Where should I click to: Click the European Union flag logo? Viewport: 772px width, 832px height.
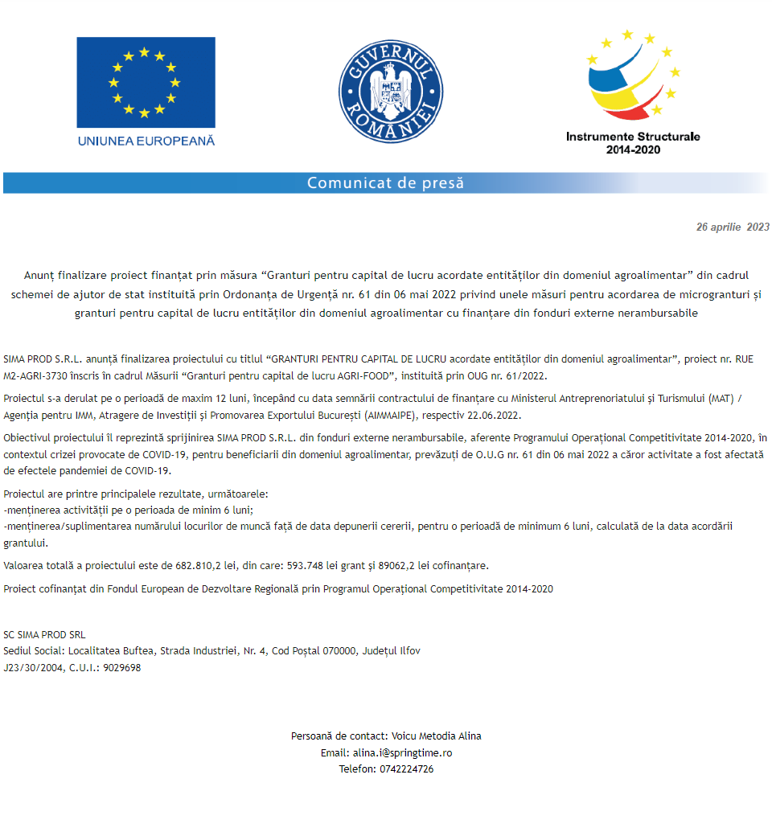pyautogui.click(x=146, y=81)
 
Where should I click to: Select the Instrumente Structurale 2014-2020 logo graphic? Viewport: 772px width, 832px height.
pyautogui.click(x=633, y=76)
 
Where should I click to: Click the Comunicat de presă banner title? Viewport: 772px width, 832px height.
pyautogui.click(x=385, y=183)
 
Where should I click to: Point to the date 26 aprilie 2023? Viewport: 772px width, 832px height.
pyautogui.click(x=733, y=227)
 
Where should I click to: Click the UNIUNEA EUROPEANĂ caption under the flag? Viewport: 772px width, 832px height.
pyautogui.click(x=146, y=141)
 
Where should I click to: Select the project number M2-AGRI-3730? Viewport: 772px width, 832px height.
pyautogui.click(x=38, y=375)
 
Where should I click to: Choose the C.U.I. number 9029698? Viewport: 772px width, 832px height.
pyautogui.click(x=121, y=668)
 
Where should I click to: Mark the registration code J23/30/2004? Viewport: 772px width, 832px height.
pyautogui.click(x=32, y=668)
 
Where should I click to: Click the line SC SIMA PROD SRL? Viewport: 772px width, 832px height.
pyautogui.click(x=44, y=634)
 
